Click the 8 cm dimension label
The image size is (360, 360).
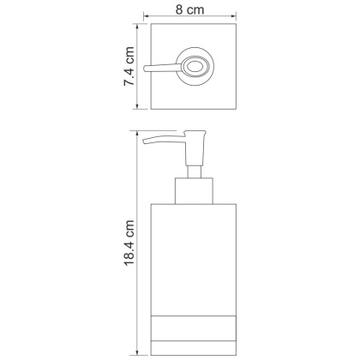click(189, 10)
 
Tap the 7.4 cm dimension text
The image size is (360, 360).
click(129, 66)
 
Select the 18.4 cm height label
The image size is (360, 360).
click(129, 243)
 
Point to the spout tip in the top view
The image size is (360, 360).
click(145, 69)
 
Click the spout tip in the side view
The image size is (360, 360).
click(145, 141)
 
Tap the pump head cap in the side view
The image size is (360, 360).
click(195, 148)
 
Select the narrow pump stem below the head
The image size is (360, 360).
click(195, 172)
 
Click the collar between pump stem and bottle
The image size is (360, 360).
click(194, 191)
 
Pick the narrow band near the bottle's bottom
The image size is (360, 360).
click(194, 328)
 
